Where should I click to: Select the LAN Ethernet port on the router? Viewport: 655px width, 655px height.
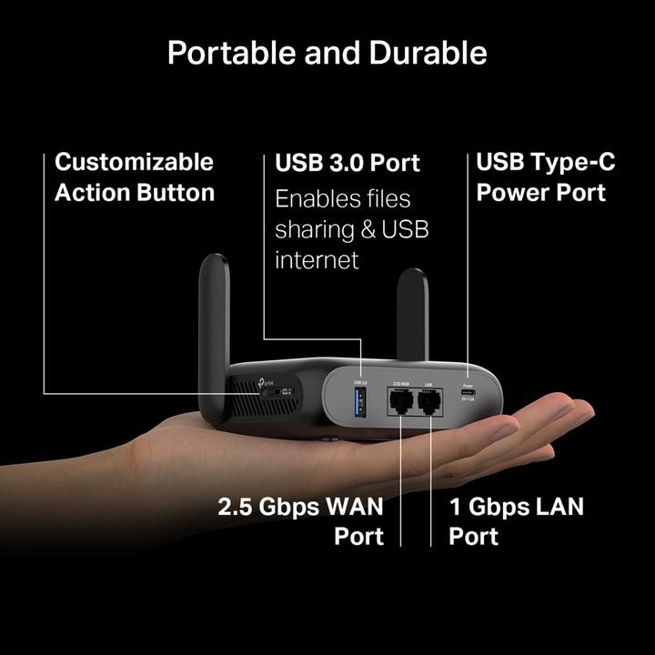pos(429,403)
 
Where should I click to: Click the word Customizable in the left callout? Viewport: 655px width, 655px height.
pos(134,163)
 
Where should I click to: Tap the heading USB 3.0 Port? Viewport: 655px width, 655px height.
pos(348,163)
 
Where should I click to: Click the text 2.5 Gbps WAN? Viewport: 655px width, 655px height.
pos(300,506)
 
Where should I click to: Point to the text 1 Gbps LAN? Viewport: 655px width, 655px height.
pos(516,506)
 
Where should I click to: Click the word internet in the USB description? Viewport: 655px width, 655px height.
pos(317,260)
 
